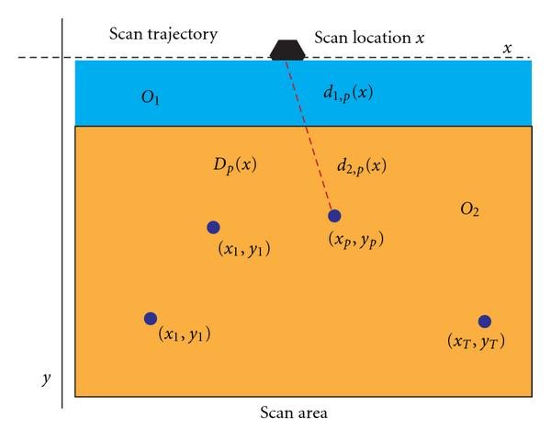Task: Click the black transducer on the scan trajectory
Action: [x=288, y=50]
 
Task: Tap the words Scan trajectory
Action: [x=163, y=35]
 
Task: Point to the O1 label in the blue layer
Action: [x=151, y=96]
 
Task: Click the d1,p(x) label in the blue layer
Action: [x=347, y=93]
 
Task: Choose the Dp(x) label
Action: [x=234, y=165]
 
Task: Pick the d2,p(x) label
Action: [x=361, y=166]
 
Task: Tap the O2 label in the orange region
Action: [x=469, y=210]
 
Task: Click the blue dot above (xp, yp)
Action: [x=334, y=216]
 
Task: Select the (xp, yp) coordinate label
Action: [x=355, y=241]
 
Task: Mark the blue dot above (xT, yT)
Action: [x=484, y=322]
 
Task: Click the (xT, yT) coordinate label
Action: [x=476, y=342]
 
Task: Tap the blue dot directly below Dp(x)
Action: [x=213, y=227]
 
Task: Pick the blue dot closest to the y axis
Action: [x=151, y=319]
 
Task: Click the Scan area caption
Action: [x=293, y=413]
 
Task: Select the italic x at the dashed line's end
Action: [x=508, y=47]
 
